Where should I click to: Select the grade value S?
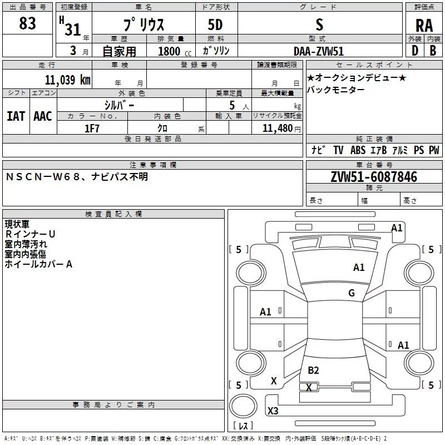[x=319, y=24]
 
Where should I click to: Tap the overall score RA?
[x=424, y=26]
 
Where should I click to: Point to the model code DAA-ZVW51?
[x=319, y=51]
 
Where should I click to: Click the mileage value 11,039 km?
[x=67, y=80]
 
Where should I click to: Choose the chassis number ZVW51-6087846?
[x=373, y=177]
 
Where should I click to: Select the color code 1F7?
[x=92, y=128]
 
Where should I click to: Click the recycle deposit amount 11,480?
[x=278, y=128]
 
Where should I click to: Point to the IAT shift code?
[x=16, y=116]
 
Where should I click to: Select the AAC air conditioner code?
[x=42, y=116]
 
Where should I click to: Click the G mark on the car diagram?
[x=351, y=293]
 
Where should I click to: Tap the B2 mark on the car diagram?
[x=313, y=370]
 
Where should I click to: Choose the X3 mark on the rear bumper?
[x=273, y=411]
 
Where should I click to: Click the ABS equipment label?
[x=358, y=150]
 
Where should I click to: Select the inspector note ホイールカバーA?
[x=38, y=264]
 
